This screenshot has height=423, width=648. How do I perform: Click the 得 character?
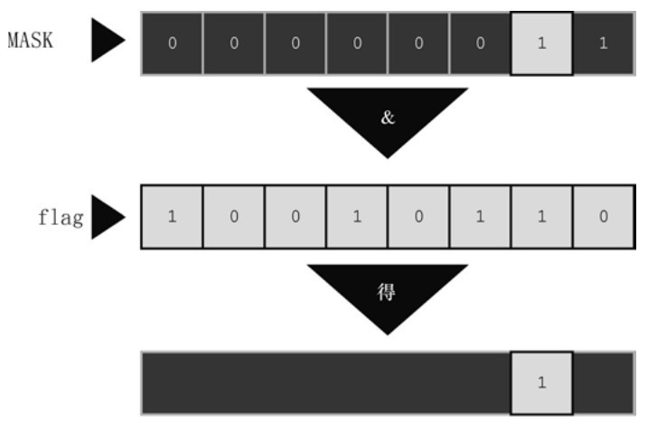(x=387, y=293)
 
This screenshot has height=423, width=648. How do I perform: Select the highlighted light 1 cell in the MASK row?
(x=541, y=43)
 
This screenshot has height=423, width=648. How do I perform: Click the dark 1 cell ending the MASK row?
(x=602, y=43)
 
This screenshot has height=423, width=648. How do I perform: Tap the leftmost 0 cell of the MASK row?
(x=172, y=43)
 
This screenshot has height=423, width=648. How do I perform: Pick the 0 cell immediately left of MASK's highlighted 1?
(x=479, y=43)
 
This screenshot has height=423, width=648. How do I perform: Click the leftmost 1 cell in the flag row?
(x=172, y=218)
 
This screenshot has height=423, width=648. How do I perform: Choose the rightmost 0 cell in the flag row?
(x=602, y=218)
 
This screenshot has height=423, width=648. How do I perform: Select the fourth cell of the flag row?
(x=356, y=218)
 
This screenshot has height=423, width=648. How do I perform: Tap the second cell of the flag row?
(x=233, y=218)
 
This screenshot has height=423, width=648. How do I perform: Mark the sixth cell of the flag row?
(x=479, y=218)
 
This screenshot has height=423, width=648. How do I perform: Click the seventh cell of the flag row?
(x=541, y=218)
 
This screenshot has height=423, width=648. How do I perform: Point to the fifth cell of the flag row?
(x=418, y=218)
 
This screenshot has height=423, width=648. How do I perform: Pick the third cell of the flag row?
(x=295, y=218)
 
